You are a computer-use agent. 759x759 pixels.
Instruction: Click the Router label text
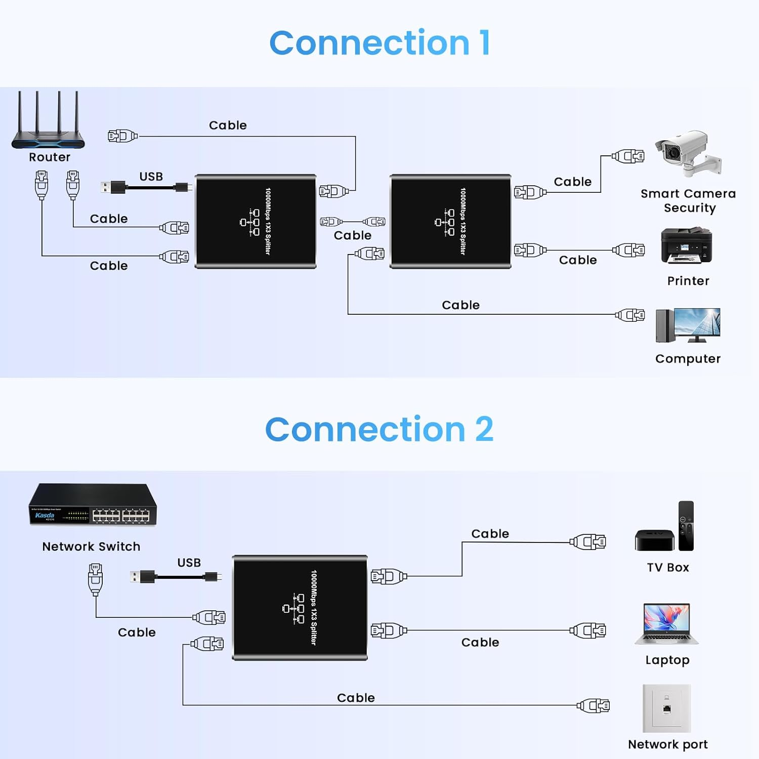click(x=50, y=157)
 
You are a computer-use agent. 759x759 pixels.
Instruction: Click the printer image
click(x=686, y=245)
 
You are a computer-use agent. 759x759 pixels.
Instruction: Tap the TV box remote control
click(x=686, y=526)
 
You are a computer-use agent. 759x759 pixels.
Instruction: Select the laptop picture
click(x=666, y=624)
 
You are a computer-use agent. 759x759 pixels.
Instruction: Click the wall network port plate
click(x=666, y=708)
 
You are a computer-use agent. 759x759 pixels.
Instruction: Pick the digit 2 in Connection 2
click(x=484, y=430)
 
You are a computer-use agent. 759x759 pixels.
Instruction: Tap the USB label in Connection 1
click(x=151, y=177)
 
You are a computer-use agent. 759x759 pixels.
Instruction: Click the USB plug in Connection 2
click(x=143, y=577)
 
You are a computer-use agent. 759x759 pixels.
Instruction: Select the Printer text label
click(x=688, y=281)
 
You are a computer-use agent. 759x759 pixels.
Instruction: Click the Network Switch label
click(x=91, y=547)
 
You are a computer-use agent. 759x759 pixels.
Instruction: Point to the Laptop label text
click(x=667, y=660)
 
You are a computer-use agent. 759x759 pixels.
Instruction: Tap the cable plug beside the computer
click(x=630, y=315)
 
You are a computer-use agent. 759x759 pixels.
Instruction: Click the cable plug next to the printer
click(x=629, y=250)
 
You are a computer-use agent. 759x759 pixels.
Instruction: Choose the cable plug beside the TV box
click(x=588, y=542)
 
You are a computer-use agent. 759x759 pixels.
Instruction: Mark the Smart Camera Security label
click(x=688, y=201)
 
